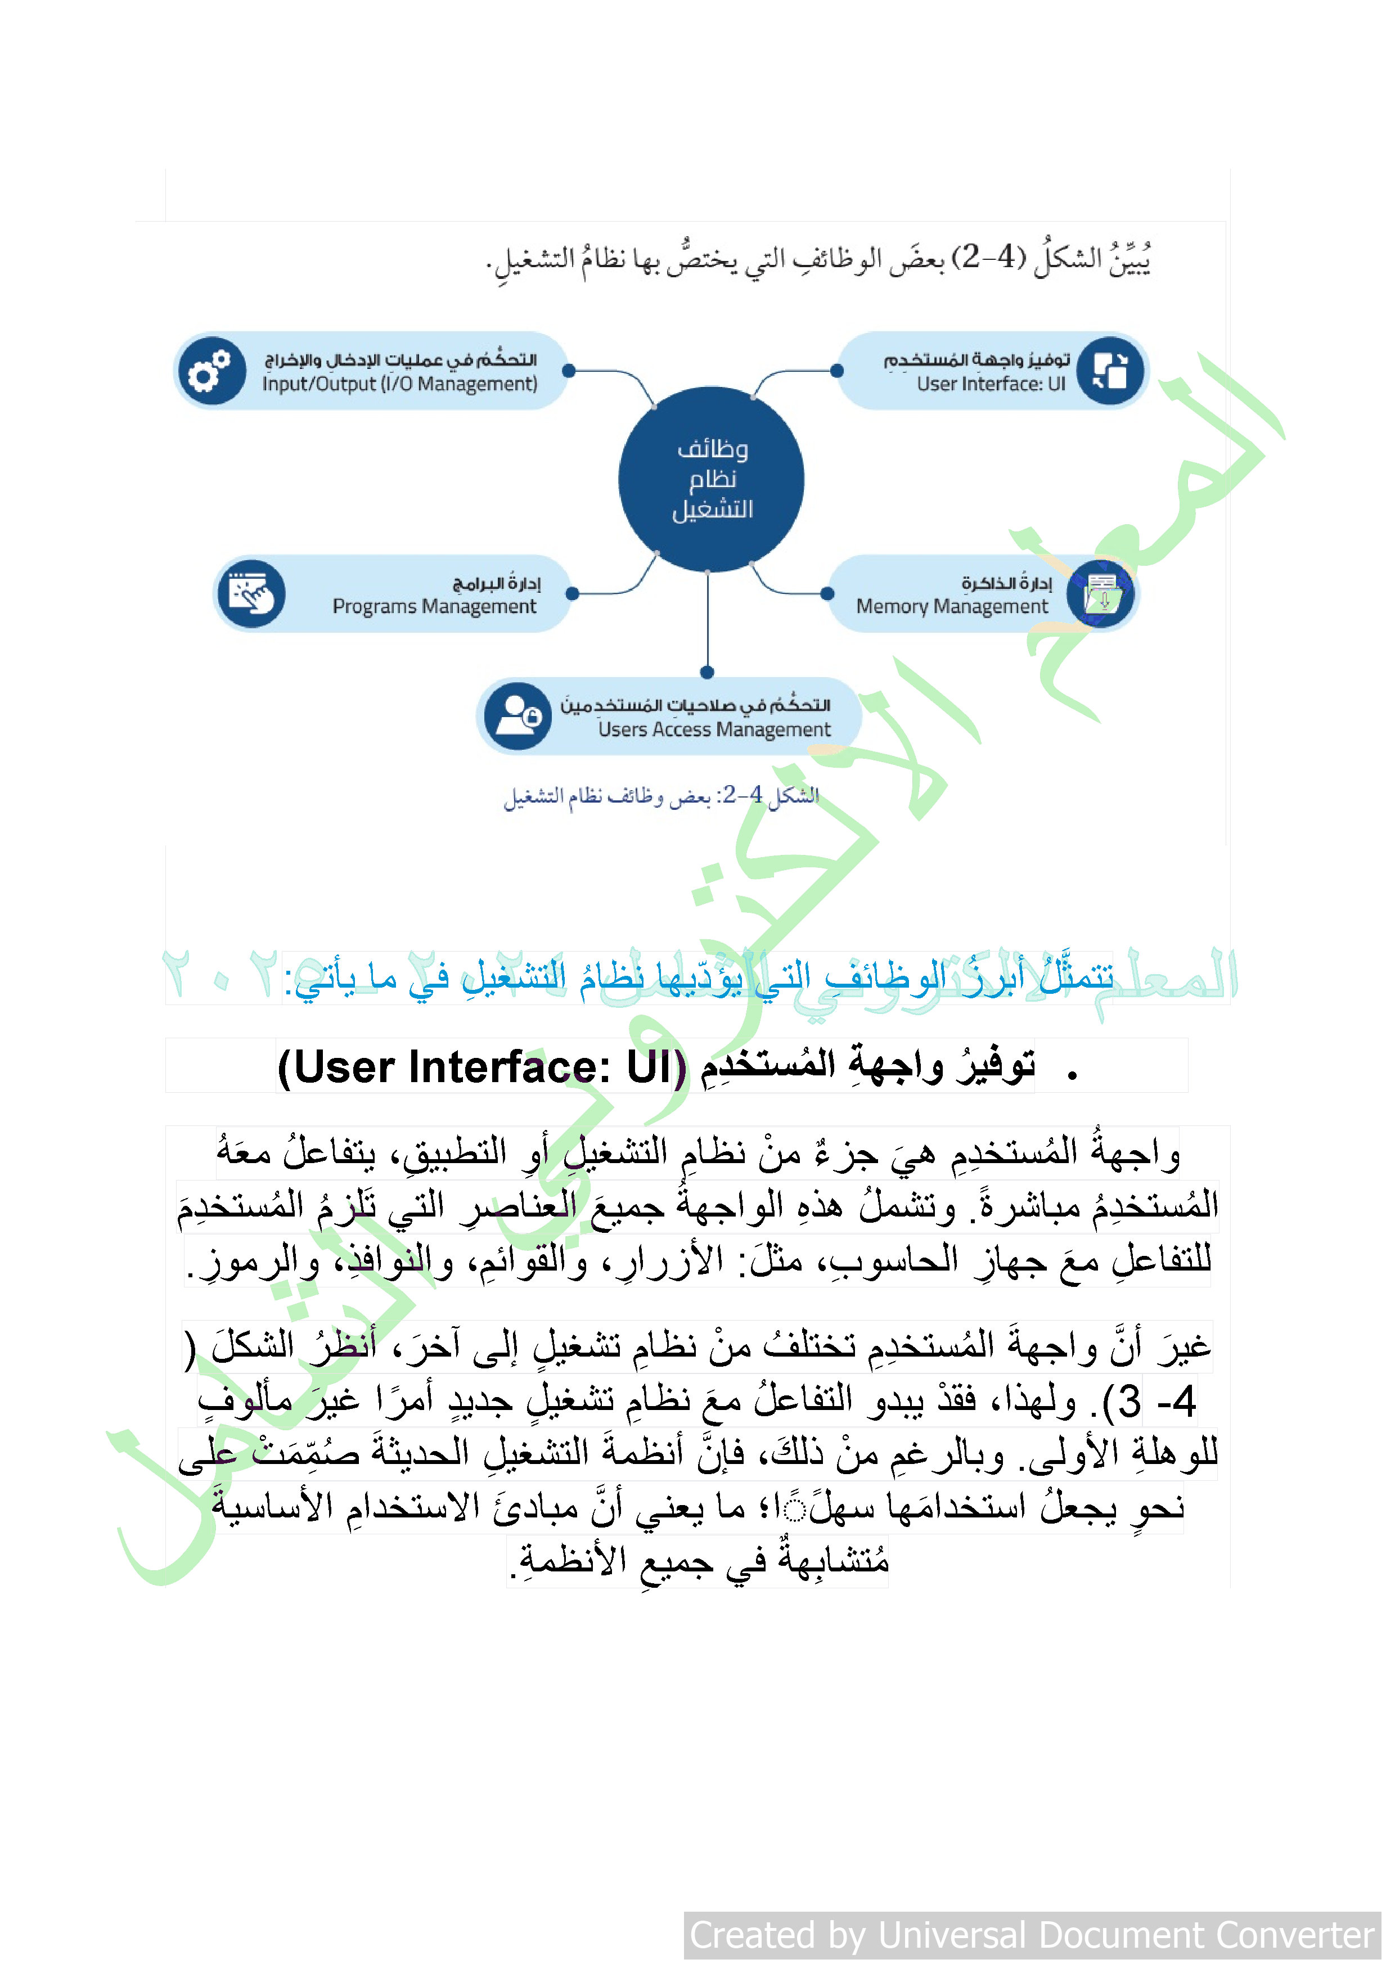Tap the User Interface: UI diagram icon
point(1110,371)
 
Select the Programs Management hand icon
point(251,594)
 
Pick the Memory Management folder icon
point(1101,594)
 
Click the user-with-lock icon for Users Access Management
point(517,716)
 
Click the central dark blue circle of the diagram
point(711,479)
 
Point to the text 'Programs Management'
point(434,607)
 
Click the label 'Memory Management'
point(952,607)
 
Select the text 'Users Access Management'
point(714,729)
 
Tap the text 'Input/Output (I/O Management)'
point(400,384)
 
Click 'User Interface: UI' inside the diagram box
point(990,384)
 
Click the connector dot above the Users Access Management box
point(708,672)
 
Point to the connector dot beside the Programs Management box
point(573,594)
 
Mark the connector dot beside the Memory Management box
point(827,594)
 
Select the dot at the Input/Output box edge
point(568,371)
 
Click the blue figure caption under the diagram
point(661,796)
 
